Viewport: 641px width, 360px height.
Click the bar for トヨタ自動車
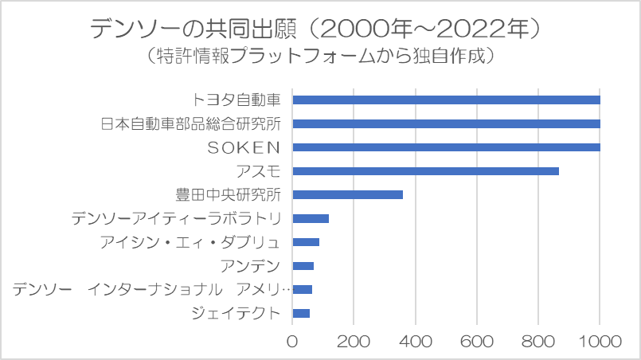coord(446,100)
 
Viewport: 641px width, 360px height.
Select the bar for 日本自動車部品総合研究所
coord(446,123)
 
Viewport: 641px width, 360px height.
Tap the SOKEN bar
coord(446,147)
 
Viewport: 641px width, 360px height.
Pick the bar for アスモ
coord(425,171)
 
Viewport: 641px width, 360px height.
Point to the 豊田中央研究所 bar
coord(348,194)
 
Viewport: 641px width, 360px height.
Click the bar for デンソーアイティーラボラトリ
coord(311,218)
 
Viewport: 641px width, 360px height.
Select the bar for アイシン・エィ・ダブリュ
coord(306,242)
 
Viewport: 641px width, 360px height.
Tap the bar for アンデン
coord(303,266)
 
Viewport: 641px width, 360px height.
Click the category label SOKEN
coord(244,147)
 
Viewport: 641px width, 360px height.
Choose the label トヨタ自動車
coord(236,100)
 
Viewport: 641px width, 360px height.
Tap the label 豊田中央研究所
coord(228,194)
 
